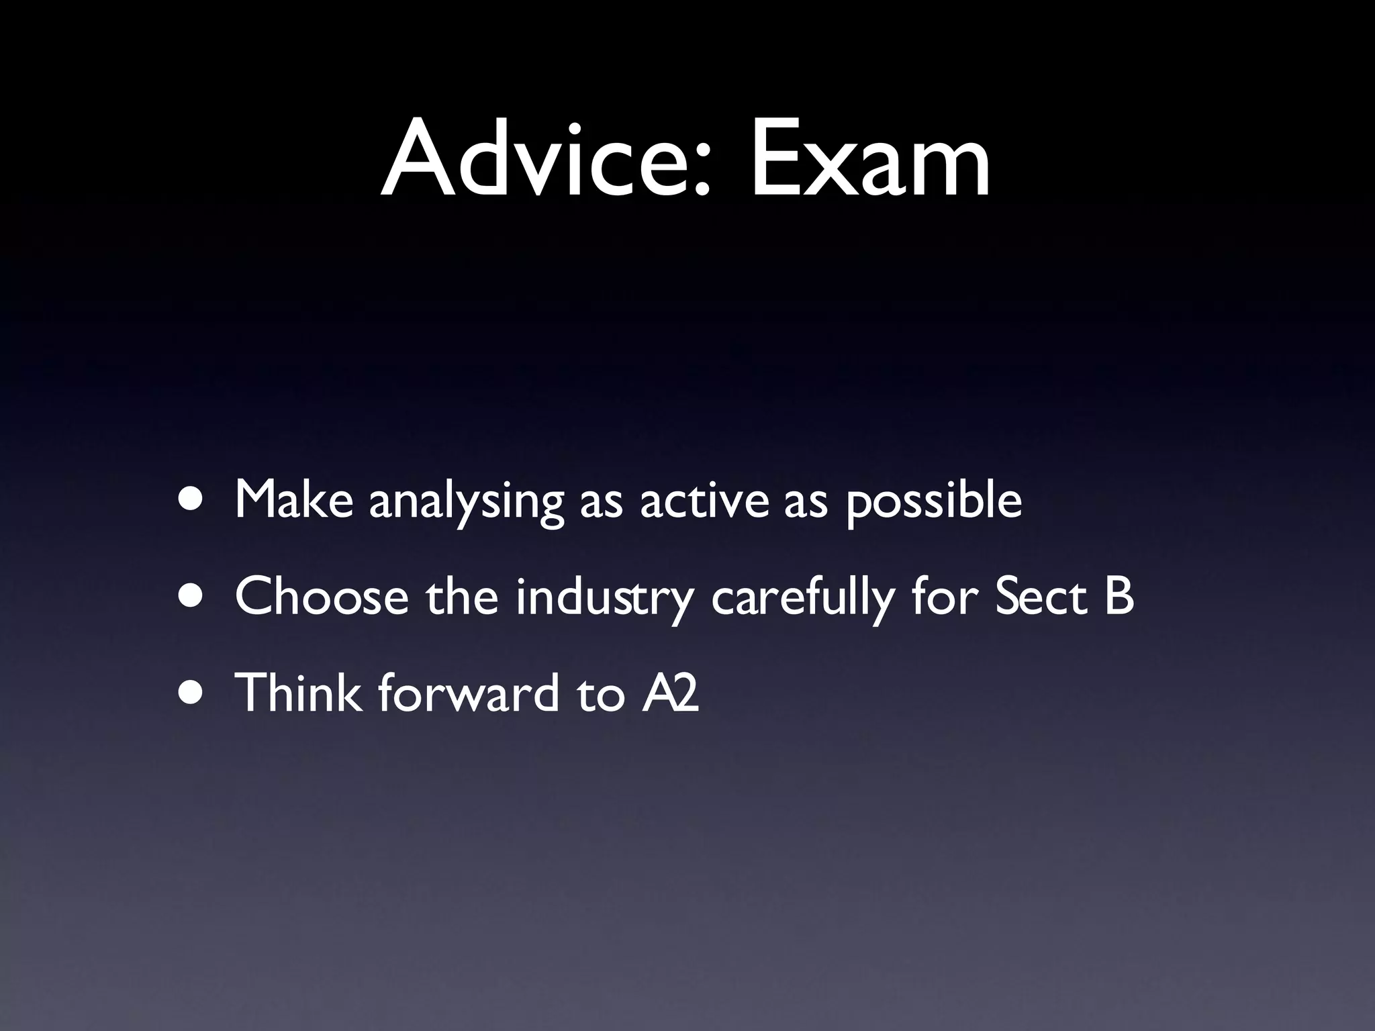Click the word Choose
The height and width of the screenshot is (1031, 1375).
[x=322, y=596]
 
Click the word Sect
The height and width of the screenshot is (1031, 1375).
[x=1041, y=597]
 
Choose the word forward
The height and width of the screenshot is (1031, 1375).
[x=468, y=692]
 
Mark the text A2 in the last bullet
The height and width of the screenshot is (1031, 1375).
[x=670, y=693]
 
